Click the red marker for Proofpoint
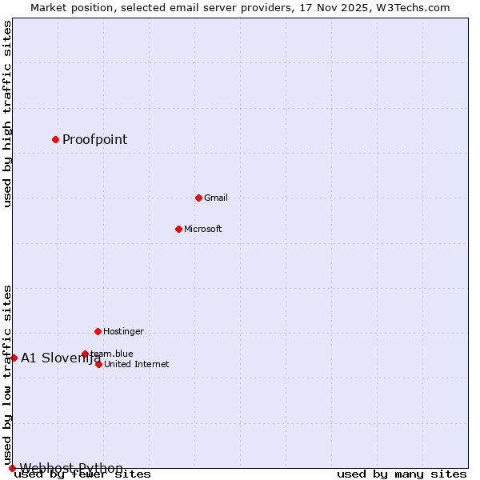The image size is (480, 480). [x=55, y=140]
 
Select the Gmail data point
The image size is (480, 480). [x=198, y=198]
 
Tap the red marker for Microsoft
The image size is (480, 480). [x=178, y=229]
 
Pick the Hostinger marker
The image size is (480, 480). [x=98, y=331]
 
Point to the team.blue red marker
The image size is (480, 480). [x=85, y=354]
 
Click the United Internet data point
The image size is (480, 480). [x=98, y=364]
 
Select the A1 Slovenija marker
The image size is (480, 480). [x=14, y=358]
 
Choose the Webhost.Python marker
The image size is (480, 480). [x=12, y=468]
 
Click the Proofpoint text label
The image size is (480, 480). [x=94, y=140]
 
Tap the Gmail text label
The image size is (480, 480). [x=216, y=198]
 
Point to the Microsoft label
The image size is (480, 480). [x=202, y=229]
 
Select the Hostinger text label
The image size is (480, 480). [x=123, y=331]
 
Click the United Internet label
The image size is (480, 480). [x=136, y=364]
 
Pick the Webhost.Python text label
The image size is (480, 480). [x=71, y=468]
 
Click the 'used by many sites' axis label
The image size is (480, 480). [x=402, y=474]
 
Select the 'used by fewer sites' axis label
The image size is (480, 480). [x=82, y=474]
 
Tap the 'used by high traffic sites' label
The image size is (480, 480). [x=8, y=114]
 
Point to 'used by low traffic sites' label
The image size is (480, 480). [x=8, y=374]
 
